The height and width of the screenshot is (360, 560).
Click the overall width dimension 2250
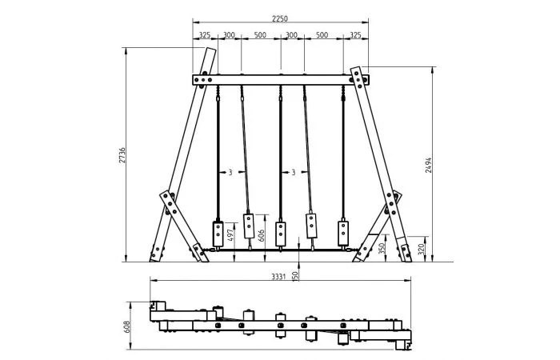click(280, 18)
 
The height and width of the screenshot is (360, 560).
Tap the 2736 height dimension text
click(122, 155)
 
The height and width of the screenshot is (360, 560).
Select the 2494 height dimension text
click(428, 166)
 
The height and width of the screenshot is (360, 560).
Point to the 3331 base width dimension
click(278, 277)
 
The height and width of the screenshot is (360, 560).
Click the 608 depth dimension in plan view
click(127, 326)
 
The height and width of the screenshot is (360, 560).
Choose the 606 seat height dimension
click(262, 236)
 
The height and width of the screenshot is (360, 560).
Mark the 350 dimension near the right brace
click(382, 248)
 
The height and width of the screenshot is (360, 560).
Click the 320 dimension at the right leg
click(421, 249)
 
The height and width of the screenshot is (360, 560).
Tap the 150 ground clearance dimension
click(295, 276)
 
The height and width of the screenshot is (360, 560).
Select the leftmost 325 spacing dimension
click(205, 35)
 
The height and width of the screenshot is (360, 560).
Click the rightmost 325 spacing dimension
click(355, 35)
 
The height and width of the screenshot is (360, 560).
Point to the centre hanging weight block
click(280, 234)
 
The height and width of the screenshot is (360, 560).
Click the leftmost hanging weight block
click(218, 234)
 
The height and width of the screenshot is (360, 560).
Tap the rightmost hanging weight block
click(343, 234)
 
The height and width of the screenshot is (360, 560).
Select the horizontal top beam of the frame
click(281, 80)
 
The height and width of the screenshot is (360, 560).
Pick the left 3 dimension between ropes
click(230, 173)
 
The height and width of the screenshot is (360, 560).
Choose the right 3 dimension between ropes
click(294, 173)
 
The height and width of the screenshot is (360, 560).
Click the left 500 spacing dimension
click(260, 35)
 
